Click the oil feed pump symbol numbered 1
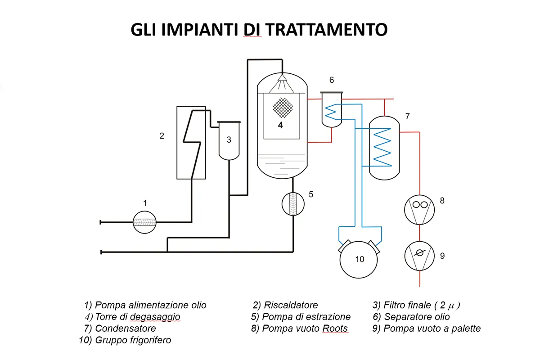[x=145, y=222]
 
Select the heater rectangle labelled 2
[x=191, y=143]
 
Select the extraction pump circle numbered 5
[x=293, y=204]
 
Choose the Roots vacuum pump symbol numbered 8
[x=419, y=208]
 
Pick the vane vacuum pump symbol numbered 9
[x=419, y=255]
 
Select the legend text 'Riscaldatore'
[x=291, y=305]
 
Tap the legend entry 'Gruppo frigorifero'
[x=133, y=340]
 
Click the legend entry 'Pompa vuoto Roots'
[x=305, y=328]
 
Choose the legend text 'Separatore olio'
[x=417, y=317]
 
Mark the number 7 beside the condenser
[x=407, y=117]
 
